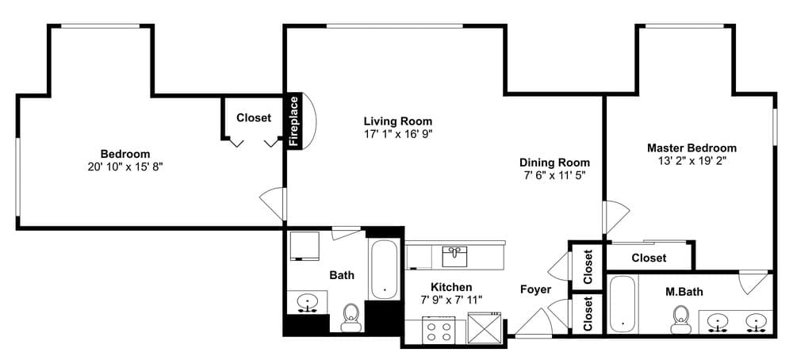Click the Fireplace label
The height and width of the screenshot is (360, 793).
[293, 121]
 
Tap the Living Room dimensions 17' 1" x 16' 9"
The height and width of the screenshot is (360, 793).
[398, 134]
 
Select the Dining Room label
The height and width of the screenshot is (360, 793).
[555, 163]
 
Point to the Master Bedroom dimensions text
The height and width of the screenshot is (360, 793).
[691, 161]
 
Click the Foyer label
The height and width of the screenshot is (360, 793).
[536, 289]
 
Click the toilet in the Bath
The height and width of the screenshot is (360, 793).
[351, 317]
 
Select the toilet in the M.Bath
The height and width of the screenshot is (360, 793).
[681, 320]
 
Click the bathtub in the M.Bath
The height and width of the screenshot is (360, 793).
[622, 304]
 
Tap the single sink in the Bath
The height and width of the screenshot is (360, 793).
[308, 303]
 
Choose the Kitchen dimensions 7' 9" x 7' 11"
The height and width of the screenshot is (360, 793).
[452, 299]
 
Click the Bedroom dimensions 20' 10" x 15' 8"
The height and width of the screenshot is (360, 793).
[125, 167]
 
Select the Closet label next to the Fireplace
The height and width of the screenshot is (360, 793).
[254, 118]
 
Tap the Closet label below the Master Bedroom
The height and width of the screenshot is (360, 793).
[649, 258]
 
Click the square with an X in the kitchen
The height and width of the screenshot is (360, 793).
[484, 329]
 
